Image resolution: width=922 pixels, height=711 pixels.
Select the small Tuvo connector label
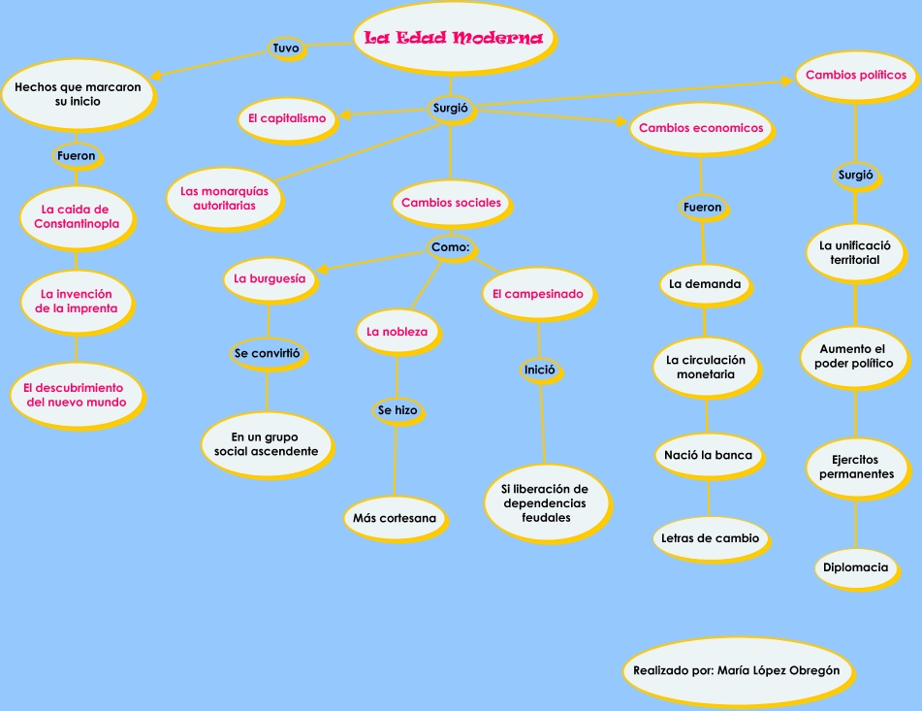[286, 48]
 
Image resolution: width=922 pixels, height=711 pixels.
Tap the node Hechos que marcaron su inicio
[77, 93]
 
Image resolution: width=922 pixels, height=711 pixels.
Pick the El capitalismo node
[286, 118]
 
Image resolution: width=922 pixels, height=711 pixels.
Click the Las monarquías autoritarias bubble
[223, 198]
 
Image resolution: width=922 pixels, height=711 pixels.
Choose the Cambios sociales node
[451, 203]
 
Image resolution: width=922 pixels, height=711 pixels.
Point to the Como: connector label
[450, 247]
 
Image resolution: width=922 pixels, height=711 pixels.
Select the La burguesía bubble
[270, 278]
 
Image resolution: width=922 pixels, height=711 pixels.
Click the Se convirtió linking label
[267, 354]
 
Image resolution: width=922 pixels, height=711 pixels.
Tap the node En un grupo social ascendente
[266, 444]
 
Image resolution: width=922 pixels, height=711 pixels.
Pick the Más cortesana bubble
[395, 518]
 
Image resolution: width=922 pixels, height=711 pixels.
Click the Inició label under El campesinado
[539, 370]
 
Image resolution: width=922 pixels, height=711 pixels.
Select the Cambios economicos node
[700, 128]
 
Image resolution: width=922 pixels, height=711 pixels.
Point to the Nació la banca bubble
[708, 455]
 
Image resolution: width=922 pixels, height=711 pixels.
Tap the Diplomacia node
[855, 567]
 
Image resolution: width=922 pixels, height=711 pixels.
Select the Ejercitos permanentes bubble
[856, 467]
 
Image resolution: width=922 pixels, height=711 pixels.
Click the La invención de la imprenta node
[76, 301]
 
